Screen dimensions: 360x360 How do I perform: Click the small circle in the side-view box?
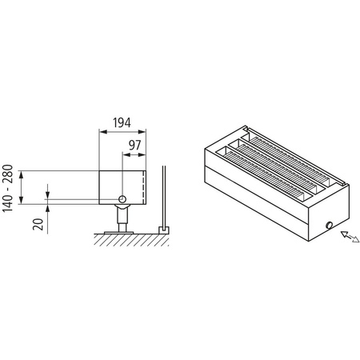(122, 198)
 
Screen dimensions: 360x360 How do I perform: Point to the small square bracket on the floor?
(164, 230)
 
